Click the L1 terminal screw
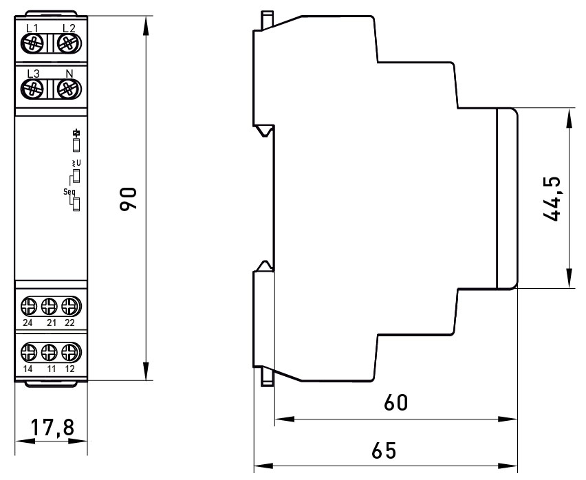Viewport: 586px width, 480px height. coord(32,43)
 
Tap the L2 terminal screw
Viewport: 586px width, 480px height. coord(69,43)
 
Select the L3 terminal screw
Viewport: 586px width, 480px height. coord(32,89)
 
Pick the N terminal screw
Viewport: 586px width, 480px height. coord(69,89)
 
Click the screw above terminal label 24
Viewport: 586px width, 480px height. coord(29,307)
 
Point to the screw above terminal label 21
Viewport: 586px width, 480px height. coord(49,307)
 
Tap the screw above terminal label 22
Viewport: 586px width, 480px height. coord(71,307)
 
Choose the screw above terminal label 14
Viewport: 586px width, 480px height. coord(29,353)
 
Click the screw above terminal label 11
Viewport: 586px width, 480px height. coord(49,353)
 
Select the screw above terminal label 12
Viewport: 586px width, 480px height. coord(71,353)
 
